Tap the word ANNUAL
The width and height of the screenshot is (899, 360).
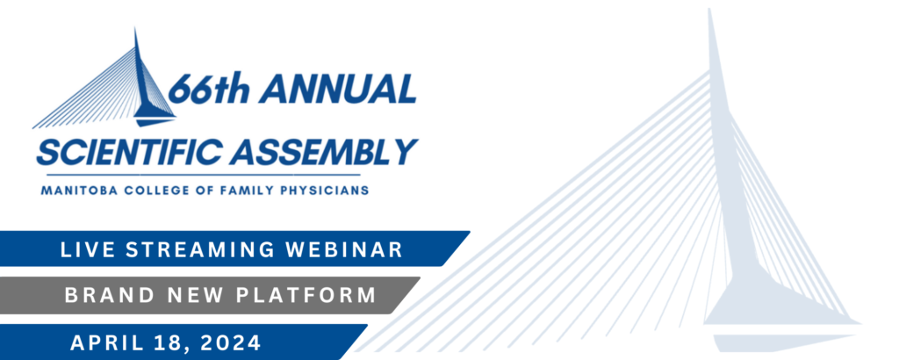click(x=337, y=89)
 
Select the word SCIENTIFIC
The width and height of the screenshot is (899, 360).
click(x=130, y=152)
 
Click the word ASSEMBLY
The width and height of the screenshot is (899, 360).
click(x=325, y=152)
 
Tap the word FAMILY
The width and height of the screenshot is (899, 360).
click(x=239, y=191)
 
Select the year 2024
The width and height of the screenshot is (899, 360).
click(x=229, y=342)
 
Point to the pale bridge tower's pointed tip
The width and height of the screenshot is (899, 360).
click(x=709, y=9)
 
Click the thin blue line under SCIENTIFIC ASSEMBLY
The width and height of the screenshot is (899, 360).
click(x=203, y=174)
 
